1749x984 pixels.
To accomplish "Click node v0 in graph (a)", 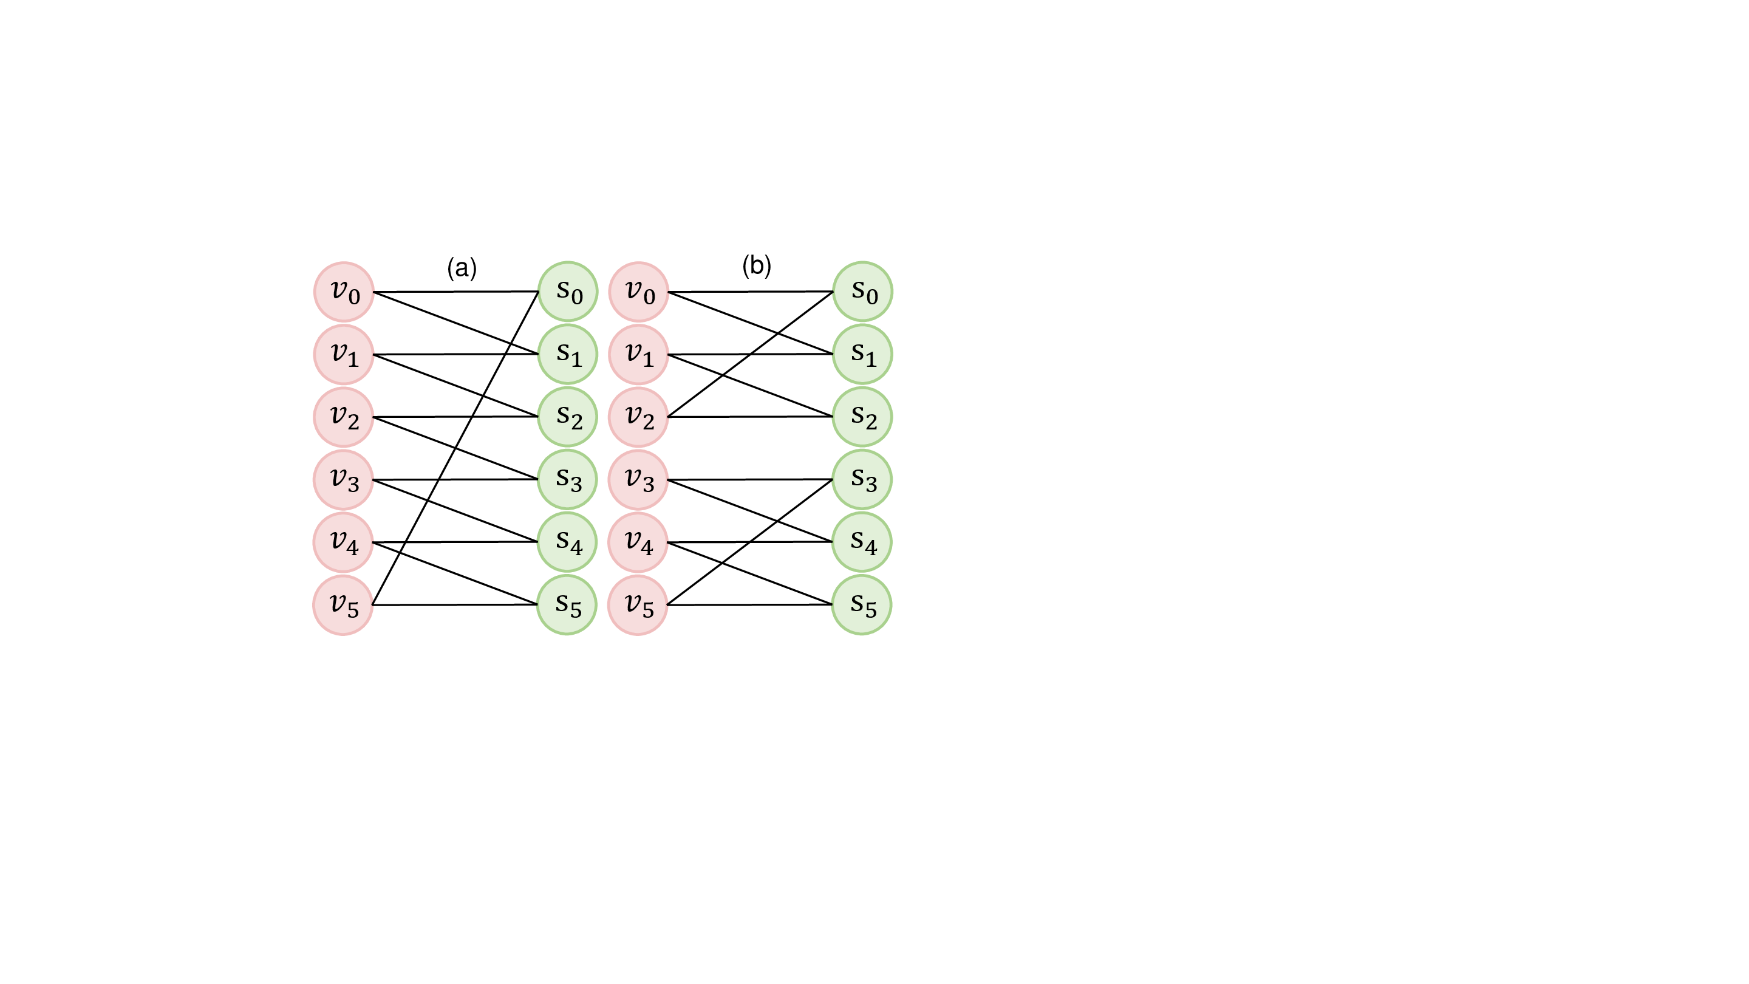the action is (344, 292).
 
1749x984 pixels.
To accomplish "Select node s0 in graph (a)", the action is (568, 292).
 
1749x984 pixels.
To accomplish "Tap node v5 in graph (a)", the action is (343, 605).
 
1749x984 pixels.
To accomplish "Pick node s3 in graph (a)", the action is (568, 479).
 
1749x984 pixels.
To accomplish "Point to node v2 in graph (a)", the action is (344, 417).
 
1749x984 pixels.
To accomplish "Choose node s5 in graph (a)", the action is (567, 605).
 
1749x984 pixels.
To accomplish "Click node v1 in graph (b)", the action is (638, 355).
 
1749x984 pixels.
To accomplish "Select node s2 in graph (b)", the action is (862, 417).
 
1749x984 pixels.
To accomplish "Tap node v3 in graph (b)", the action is (638, 479).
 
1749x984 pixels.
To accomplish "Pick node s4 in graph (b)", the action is (862, 542).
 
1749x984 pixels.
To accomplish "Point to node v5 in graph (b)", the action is (638, 605).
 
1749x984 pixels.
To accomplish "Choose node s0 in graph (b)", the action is (862, 292).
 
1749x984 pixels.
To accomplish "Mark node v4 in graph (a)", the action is (343, 542).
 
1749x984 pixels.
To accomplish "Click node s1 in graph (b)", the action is (862, 355).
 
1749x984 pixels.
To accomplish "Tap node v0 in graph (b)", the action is (638, 292).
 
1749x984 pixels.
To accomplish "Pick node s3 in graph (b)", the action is (862, 479).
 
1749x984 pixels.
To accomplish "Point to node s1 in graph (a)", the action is (568, 355).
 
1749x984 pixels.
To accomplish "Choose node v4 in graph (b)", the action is (638, 542).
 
